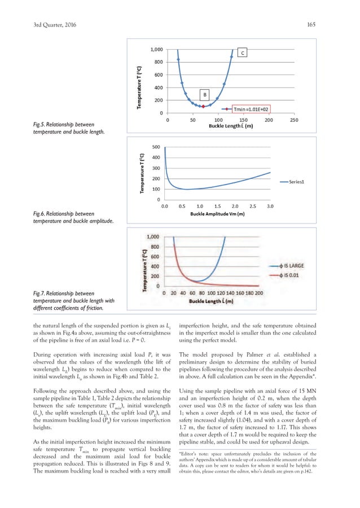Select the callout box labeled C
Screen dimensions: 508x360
[242, 53]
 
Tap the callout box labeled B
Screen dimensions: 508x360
[205, 94]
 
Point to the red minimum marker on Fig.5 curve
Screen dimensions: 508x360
[203, 106]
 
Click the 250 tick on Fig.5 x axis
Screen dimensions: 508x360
[293, 120]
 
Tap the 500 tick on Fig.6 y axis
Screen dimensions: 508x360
[153, 147]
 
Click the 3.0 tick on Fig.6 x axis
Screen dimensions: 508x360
[270, 207]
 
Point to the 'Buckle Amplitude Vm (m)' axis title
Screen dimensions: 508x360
[217, 214]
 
